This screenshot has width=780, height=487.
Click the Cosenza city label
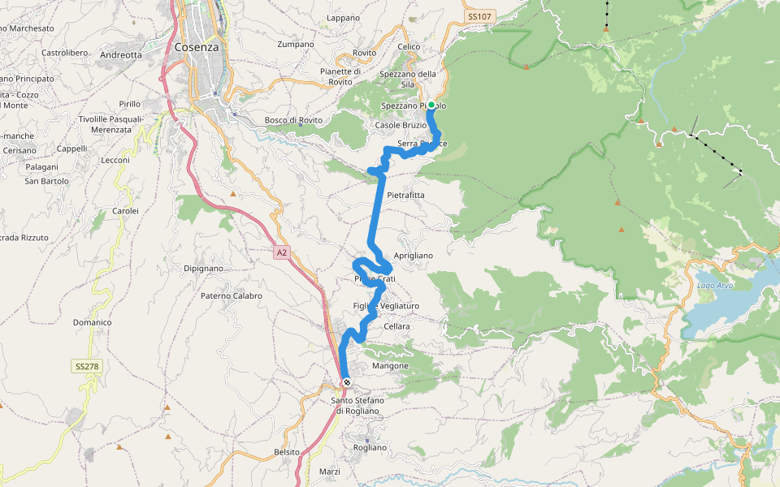(197, 47)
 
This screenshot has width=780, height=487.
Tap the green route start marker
(431, 105)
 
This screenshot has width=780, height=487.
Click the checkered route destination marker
(347, 382)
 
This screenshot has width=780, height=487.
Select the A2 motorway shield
(281, 253)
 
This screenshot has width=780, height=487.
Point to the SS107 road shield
(480, 16)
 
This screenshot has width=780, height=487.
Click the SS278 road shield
(87, 367)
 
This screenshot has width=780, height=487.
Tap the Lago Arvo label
(715, 285)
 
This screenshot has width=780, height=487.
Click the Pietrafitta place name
(406, 196)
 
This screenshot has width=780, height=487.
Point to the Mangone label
(390, 366)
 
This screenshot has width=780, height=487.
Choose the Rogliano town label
(370, 447)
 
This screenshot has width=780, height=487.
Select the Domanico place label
(92, 322)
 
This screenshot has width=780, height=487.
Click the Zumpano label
(295, 44)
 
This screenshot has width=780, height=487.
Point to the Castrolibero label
(64, 53)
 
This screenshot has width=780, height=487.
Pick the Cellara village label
(397, 326)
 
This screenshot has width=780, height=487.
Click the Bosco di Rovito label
(293, 120)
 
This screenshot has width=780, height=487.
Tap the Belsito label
(287, 451)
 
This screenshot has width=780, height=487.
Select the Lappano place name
(343, 18)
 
